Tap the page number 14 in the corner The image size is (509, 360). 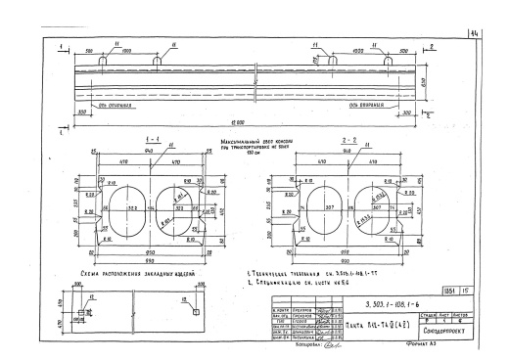[499, 35]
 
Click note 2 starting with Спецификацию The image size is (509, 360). [307, 284]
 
